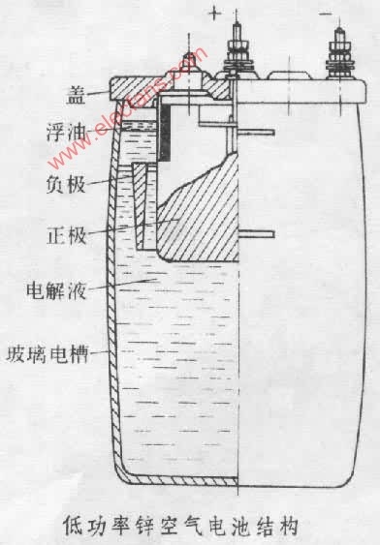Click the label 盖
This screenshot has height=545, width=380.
pyautogui.click(x=76, y=95)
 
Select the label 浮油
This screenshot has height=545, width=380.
pyautogui.click(x=66, y=132)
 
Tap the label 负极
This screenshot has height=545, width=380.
pyautogui.click(x=66, y=183)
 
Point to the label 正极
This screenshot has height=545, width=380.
pyautogui.click(x=67, y=235)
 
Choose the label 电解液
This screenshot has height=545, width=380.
pyautogui.click(x=56, y=289)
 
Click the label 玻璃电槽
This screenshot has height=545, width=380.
pyautogui.click(x=47, y=354)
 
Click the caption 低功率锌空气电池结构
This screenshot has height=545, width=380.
pyautogui.click(x=180, y=526)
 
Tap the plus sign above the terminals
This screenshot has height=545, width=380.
pyautogui.click(x=214, y=14)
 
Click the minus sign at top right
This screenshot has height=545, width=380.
pyautogui.click(x=326, y=15)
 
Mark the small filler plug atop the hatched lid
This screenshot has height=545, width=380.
pyautogui.click(x=189, y=66)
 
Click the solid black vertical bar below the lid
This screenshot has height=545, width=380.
pyautogui.click(x=165, y=133)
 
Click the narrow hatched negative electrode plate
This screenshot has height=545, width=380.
pyautogui.click(x=141, y=206)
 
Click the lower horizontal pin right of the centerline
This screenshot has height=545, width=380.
pyautogui.click(x=257, y=234)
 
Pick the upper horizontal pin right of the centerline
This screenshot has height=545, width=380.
pyautogui.click(x=257, y=133)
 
